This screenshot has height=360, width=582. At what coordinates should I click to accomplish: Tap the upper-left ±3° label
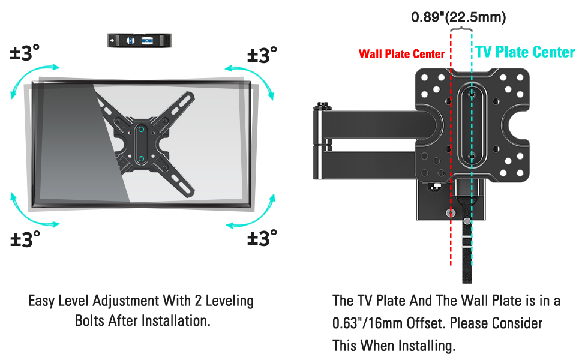(25, 53)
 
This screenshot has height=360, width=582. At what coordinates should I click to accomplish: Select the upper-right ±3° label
(262, 55)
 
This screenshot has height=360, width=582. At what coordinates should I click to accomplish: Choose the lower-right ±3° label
(262, 238)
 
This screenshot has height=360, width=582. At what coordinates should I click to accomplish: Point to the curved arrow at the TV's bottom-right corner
(252, 213)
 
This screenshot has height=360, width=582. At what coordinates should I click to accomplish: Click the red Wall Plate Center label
(401, 54)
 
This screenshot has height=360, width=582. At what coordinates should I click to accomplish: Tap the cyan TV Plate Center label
(525, 52)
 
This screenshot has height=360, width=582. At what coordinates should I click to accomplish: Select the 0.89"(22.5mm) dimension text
(458, 17)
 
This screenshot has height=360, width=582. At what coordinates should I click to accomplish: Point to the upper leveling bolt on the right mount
(472, 94)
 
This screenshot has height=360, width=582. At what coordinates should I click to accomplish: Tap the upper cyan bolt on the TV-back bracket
(140, 128)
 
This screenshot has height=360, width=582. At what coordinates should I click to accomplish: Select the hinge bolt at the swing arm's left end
(323, 107)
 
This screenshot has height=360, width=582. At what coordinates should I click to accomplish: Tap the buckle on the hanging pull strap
(467, 242)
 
